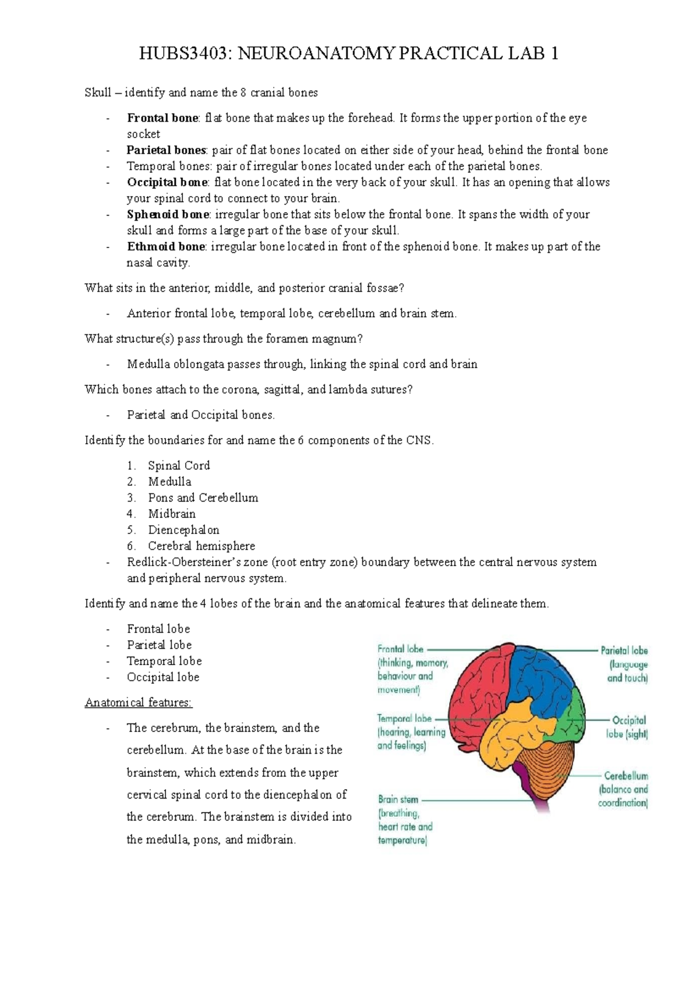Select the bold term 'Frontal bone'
(x=163, y=118)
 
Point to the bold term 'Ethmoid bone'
(x=166, y=246)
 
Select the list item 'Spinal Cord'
(x=178, y=465)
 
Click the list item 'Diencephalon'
(x=183, y=530)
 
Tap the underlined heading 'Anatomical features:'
(x=138, y=702)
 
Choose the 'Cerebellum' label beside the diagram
(x=626, y=776)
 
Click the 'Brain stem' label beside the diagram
(x=398, y=800)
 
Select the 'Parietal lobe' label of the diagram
(x=624, y=651)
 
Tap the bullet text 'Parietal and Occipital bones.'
(x=200, y=415)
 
